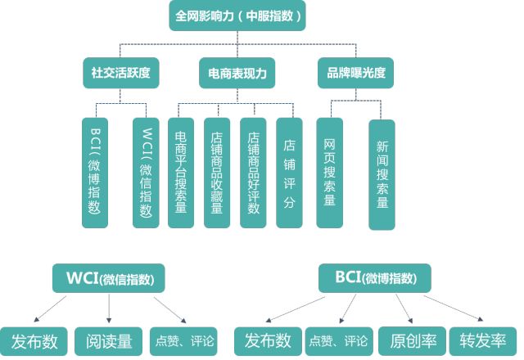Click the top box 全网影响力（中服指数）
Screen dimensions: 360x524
238,16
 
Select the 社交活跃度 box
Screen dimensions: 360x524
121,73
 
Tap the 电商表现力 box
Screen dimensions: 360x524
237,73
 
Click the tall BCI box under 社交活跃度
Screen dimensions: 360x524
96,172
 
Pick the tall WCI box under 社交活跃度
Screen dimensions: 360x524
146,172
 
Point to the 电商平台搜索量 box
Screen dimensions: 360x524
180,172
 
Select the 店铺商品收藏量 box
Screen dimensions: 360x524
216,172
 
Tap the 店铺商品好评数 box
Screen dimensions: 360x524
253,172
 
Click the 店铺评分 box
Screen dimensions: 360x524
289,172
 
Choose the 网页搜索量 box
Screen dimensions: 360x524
330,172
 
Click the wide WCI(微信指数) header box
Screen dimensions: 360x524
108,278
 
